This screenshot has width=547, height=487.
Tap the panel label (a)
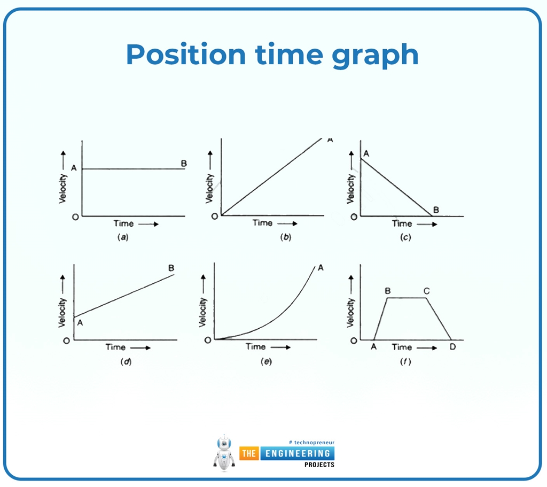tap(123, 237)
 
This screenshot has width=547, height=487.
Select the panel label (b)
tap(286, 237)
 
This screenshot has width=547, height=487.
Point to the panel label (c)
tap(405, 237)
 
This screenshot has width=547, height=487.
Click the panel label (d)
tap(126, 361)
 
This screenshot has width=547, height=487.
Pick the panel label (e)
tap(266, 361)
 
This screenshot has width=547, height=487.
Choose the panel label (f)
tap(405, 361)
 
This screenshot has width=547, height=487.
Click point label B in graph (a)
tap(184, 164)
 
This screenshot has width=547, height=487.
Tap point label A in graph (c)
tap(366, 153)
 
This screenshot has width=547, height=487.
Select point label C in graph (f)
tap(426, 291)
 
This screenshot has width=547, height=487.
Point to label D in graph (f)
tap(452, 346)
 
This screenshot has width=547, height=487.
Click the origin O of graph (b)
tap(215, 217)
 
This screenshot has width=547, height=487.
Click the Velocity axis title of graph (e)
tap(202, 312)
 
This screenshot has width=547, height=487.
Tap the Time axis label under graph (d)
tap(115, 347)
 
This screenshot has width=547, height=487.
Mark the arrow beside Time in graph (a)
tap(149, 224)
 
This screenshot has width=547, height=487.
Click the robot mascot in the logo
tap(224, 453)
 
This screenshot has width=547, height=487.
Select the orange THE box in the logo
tap(249, 453)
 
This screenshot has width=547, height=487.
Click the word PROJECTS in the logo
tap(319, 465)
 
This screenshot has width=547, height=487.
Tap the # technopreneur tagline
tap(311, 442)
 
